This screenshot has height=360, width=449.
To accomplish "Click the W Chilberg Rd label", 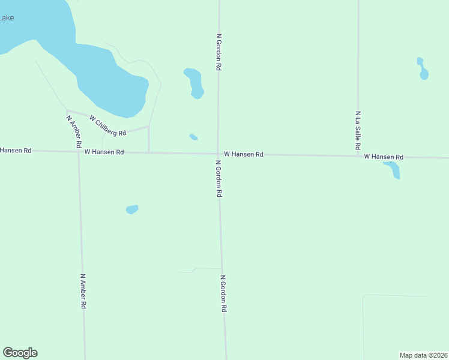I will pyautogui.click(x=108, y=125).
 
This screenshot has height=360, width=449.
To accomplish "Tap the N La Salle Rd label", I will pyautogui.click(x=358, y=130).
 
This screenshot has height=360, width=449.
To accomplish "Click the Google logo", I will pyautogui.click(x=20, y=353).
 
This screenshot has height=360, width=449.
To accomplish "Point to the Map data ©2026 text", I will pyautogui.click(x=423, y=355).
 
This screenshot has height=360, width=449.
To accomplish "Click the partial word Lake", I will pyautogui.click(x=7, y=18).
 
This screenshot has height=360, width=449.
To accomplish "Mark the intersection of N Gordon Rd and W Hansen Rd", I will pyautogui.click(x=218, y=154).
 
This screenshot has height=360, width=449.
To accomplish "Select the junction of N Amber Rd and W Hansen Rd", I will pyautogui.click(x=79, y=152).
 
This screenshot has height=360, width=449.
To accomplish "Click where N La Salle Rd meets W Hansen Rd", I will pyautogui.click(x=358, y=156).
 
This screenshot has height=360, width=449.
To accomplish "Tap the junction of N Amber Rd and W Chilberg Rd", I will pyautogui.click(x=67, y=111).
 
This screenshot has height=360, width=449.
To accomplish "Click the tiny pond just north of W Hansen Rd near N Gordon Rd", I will pyautogui.click(x=193, y=137).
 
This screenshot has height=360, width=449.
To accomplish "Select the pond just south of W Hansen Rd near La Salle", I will pyautogui.click(x=393, y=169).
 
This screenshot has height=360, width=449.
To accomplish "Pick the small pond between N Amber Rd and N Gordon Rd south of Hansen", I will pyautogui.click(x=132, y=209).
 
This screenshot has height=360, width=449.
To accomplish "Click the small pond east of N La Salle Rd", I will pyautogui.click(x=423, y=69).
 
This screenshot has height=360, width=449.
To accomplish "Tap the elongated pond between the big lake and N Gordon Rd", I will pyautogui.click(x=194, y=83).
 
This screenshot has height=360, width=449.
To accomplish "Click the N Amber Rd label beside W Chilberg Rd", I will pyautogui.click(x=74, y=131).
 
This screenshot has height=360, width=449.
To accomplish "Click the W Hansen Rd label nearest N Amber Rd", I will pyautogui.click(x=104, y=152).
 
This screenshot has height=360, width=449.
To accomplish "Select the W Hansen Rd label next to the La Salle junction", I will pyautogui.click(x=384, y=157).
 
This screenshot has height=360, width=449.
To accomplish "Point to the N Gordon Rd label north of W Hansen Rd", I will pyautogui.click(x=219, y=53).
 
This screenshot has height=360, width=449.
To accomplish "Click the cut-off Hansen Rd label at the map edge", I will pyautogui.click(x=16, y=150).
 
